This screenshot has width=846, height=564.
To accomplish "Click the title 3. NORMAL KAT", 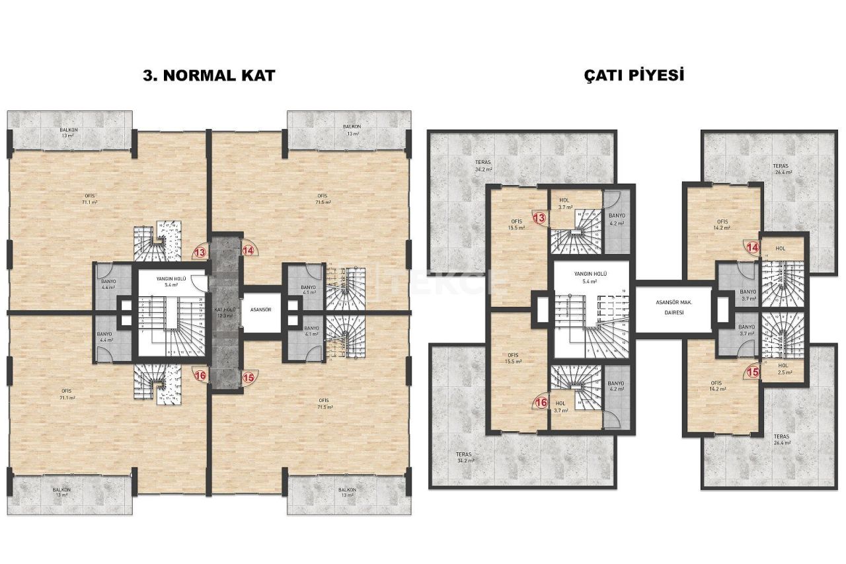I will (x=209, y=75).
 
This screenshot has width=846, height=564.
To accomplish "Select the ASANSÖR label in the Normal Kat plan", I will (x=260, y=309).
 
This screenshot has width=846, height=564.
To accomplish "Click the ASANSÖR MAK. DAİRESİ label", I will (x=674, y=307).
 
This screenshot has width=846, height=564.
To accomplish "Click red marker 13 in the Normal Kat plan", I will (x=200, y=251).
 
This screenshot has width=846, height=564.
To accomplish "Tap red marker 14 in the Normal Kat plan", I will (x=248, y=251).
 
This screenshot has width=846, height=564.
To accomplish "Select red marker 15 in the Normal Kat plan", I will (x=248, y=378).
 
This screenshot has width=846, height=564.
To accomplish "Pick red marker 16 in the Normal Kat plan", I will (x=200, y=374).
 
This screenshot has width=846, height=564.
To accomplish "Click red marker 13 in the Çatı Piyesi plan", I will (x=539, y=218).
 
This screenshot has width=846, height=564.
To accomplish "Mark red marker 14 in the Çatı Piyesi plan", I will (x=752, y=247).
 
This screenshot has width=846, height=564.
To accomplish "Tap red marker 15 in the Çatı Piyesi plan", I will (x=752, y=372).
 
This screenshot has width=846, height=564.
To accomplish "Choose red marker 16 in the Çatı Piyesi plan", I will (x=541, y=401).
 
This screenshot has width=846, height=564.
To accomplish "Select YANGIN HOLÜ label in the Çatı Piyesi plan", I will (x=592, y=277).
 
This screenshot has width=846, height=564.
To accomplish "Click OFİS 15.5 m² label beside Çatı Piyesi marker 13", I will (x=516, y=224).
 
